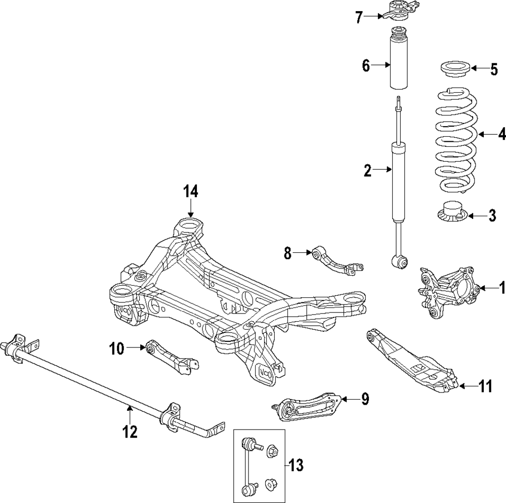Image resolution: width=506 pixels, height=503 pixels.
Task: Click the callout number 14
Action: click(x=191, y=191)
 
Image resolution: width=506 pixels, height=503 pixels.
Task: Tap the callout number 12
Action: click(x=130, y=431)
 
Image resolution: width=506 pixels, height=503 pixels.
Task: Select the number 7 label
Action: click(x=359, y=17)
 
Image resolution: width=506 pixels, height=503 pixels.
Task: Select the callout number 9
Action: click(x=364, y=399)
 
